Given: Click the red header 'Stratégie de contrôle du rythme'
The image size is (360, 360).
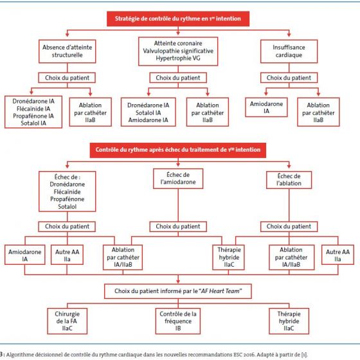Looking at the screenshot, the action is pos(178,19).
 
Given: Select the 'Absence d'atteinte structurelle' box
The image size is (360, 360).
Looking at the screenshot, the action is pos(67,51).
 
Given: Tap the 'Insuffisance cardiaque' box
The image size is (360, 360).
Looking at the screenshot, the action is pos(289,51).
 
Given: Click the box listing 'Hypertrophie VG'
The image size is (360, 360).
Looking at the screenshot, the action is pos(178,51).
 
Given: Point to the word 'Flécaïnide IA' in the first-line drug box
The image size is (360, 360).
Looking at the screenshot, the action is pos(33,109).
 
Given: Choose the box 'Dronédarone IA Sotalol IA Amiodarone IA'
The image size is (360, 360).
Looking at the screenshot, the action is pos(148,112).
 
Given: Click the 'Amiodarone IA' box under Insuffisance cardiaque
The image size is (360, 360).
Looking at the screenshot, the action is pos(266,107).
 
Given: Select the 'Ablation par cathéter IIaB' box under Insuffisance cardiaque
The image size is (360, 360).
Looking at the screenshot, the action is pos(318,112).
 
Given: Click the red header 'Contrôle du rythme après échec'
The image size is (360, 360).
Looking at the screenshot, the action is pos(178,150).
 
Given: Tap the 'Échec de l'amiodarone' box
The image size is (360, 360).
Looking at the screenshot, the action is pos(178,179).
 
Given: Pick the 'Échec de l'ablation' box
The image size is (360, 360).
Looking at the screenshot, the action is pos(289,180).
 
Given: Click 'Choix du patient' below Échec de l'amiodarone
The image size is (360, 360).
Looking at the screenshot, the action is pos(178,226).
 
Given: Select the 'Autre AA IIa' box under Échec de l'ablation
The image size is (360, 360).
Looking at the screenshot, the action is pos(337,255).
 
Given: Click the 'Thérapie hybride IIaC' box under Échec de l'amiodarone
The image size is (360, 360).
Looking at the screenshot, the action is pos(229,257).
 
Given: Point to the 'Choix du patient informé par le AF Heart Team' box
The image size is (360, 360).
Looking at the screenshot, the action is pos(178,291).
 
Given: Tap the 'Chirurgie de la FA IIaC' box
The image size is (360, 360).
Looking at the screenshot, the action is pos(67,321).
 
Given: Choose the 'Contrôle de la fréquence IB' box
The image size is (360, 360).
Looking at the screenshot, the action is pos(178,321).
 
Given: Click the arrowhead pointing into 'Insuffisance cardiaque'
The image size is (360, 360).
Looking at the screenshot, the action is pos(289,35).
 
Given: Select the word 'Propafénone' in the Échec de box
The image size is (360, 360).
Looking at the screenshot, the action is pos(67,199).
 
